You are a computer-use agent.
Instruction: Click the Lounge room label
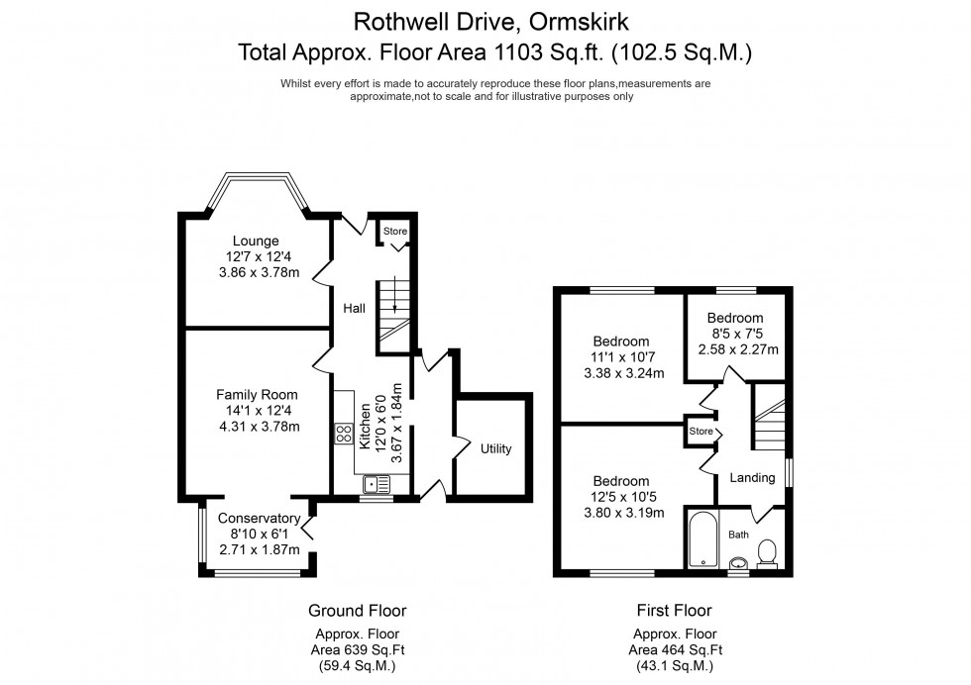tap(256, 241)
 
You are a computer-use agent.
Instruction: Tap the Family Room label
tap(257, 394)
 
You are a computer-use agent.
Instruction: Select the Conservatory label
tap(258, 518)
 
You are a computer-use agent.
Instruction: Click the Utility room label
tap(495, 448)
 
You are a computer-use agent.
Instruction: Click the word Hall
tap(354, 309)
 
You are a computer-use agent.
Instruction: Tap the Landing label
tap(752, 478)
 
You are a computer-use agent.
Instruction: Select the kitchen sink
tap(378, 484)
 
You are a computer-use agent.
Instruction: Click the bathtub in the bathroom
tap(702, 539)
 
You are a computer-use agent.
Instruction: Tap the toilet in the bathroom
tap(767, 551)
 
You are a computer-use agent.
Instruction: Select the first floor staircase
tap(770, 421)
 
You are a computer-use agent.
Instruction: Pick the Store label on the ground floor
tap(395, 232)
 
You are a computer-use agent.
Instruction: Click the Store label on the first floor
tap(701, 432)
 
